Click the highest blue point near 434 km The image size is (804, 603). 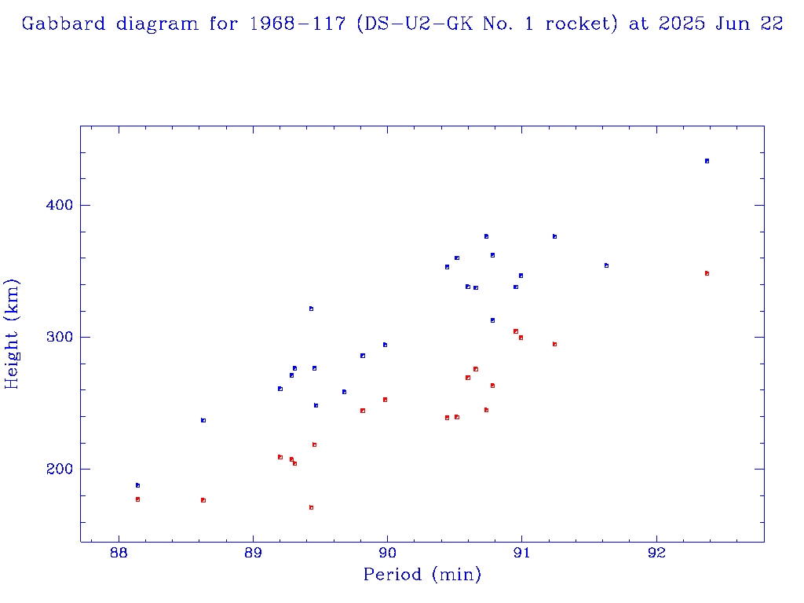point(707,161)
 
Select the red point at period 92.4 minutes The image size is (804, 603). point(707,273)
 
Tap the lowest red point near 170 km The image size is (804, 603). point(311,507)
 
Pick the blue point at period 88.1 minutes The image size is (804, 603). point(137,485)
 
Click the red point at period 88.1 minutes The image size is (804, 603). point(137,499)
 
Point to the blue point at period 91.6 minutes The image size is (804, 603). point(606,265)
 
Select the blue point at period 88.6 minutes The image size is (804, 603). point(203,420)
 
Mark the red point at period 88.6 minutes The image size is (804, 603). point(203,500)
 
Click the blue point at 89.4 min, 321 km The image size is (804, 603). point(311,309)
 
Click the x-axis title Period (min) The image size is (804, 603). point(422,576)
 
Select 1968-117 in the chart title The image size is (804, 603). point(298,24)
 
